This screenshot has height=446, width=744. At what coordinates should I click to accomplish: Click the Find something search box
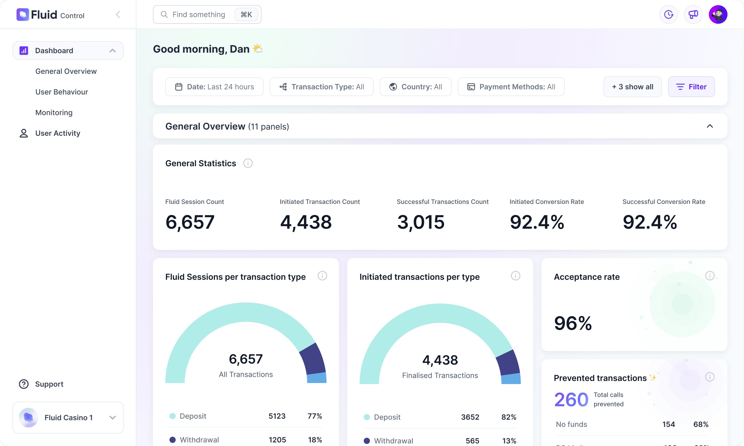tap(198, 14)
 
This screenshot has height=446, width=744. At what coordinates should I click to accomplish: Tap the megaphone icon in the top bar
tap(693, 14)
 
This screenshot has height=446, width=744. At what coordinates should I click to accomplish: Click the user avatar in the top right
tap(718, 14)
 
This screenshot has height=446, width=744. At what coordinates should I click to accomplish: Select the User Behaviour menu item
tap(62, 92)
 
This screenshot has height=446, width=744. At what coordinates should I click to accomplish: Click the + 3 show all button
tap(632, 87)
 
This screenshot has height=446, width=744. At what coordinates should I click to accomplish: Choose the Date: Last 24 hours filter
tap(214, 87)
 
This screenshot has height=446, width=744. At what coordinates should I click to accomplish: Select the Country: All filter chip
tap(415, 87)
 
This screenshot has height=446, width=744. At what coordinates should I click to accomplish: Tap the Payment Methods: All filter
tap(511, 87)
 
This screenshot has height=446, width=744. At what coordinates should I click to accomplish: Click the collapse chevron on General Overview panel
tap(709, 126)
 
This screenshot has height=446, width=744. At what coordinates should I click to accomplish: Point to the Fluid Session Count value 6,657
tap(190, 222)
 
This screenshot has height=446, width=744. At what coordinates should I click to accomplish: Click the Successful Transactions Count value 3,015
tap(421, 222)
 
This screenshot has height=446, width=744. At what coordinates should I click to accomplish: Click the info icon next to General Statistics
tap(248, 163)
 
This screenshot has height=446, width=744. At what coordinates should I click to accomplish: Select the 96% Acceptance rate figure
tap(573, 323)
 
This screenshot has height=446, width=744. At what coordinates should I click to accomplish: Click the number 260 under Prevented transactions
tap(571, 400)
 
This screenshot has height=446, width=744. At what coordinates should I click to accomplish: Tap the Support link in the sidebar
tap(49, 384)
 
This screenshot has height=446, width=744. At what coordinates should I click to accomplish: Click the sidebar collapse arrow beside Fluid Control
tap(118, 14)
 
